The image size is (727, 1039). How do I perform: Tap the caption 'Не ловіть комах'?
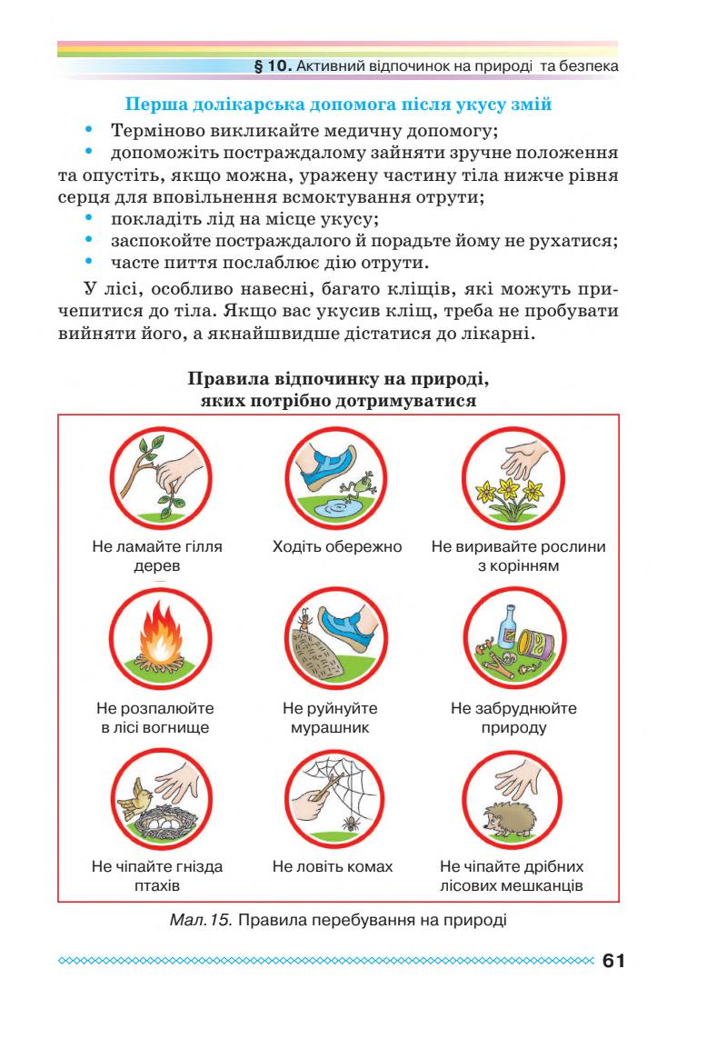(x=333, y=866)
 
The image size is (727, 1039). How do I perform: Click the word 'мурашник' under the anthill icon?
(x=330, y=728)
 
